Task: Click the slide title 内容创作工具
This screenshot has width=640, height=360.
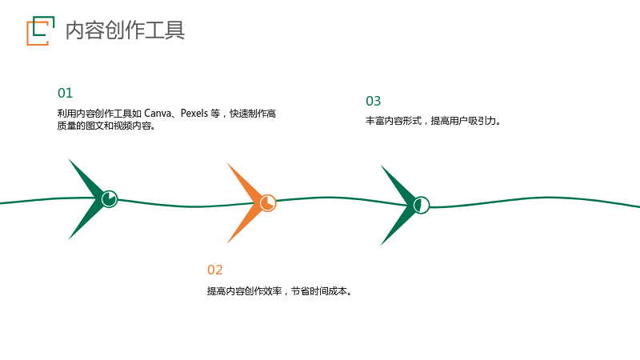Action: pyautogui.click(x=125, y=30)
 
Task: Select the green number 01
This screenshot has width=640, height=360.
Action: pyautogui.click(x=66, y=93)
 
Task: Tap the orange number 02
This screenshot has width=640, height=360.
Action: pyautogui.click(x=215, y=270)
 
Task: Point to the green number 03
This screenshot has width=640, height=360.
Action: pyautogui.click(x=374, y=101)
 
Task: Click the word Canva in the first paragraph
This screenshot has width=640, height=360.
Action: pyautogui.click(x=158, y=113)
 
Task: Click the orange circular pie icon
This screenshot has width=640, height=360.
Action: pyautogui.click(x=268, y=203)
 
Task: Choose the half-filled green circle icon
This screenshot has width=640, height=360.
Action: pyautogui.click(x=422, y=205)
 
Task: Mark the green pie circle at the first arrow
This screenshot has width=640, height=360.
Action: pyautogui.click(x=110, y=198)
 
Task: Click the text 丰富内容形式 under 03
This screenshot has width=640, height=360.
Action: pyautogui.click(x=394, y=121)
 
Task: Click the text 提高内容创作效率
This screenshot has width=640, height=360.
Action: pyautogui.click(x=245, y=291)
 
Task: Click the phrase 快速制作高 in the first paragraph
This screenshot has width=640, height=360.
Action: pyautogui.click(x=253, y=113)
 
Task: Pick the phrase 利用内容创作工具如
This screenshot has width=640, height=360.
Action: pyautogui.click(x=99, y=113)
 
